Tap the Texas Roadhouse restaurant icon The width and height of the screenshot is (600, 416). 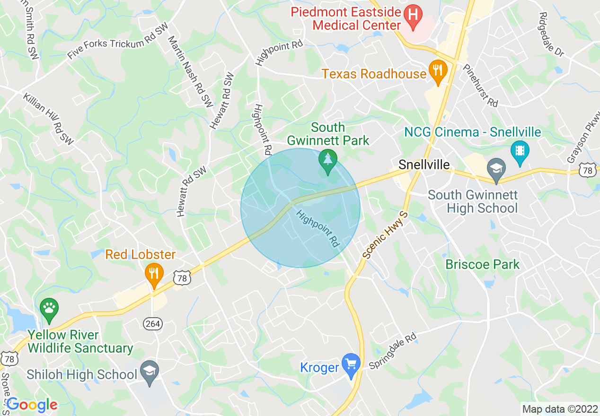point(438,70)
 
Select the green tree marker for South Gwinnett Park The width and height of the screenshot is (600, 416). point(327,159)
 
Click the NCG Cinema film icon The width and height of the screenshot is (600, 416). point(520,151)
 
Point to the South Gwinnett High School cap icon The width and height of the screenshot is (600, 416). point(496,168)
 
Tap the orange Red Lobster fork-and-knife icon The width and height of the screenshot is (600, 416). point(153,273)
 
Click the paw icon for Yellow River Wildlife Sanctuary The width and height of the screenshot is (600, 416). point(49,309)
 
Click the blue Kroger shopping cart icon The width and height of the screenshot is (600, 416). point(351,364)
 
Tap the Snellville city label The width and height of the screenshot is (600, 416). point(424,165)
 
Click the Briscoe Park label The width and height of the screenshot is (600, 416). point(483,264)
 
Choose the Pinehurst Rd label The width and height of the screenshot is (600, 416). point(481,86)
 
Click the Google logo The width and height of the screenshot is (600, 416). point(32,405)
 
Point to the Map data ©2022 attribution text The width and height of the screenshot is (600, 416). point(559,409)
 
